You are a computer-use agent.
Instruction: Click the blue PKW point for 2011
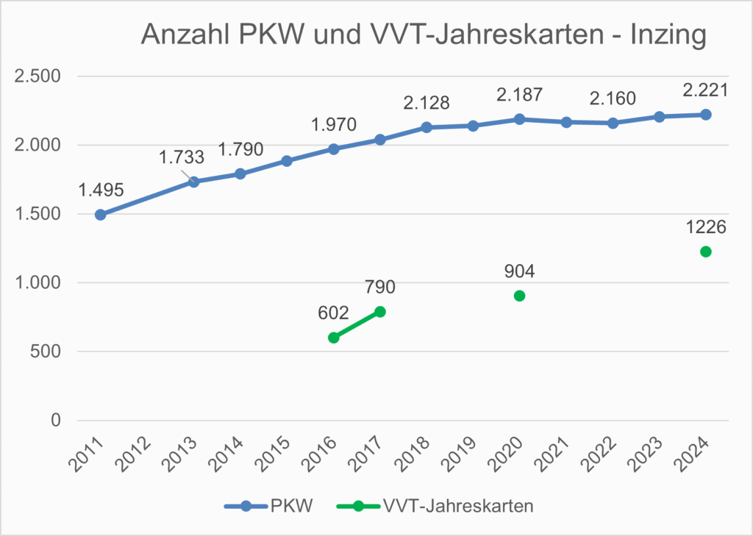(x=101, y=215)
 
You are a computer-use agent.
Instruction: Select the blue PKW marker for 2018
(x=427, y=127)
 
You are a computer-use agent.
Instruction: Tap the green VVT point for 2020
(x=520, y=296)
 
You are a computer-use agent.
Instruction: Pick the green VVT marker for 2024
(x=706, y=251)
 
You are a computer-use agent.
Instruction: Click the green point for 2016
(x=333, y=337)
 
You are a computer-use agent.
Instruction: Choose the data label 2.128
(x=427, y=102)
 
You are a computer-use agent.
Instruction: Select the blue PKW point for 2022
(x=613, y=123)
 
